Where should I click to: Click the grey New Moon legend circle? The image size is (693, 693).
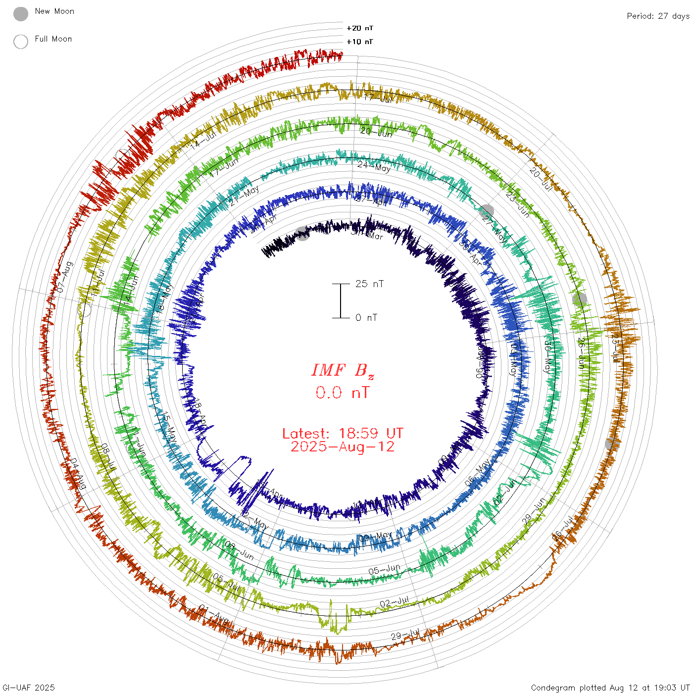pyautogui.click(x=20, y=14)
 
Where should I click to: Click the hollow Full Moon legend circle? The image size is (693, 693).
pyautogui.click(x=20, y=42)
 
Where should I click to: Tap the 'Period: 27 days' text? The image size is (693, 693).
pyautogui.click(x=658, y=16)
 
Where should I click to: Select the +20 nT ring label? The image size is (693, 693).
pyautogui.click(x=360, y=28)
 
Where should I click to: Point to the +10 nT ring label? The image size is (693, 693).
pyautogui.click(x=360, y=42)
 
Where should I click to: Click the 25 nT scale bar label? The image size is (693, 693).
pyautogui.click(x=369, y=284)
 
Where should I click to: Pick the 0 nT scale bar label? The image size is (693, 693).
pyautogui.click(x=366, y=317)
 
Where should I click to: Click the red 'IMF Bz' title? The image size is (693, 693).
pyautogui.click(x=343, y=370)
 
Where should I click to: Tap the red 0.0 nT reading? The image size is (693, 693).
pyautogui.click(x=343, y=393)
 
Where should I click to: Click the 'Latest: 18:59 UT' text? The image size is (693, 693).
pyautogui.click(x=343, y=434)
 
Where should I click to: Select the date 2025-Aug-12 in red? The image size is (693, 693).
pyautogui.click(x=343, y=446)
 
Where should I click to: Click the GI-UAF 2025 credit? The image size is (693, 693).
pyautogui.click(x=28, y=688)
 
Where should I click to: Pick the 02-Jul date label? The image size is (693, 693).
pyautogui.click(x=395, y=602)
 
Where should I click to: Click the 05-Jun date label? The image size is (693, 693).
pyautogui.click(x=384, y=570)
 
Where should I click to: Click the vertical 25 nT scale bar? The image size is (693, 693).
pyautogui.click(x=341, y=300)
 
